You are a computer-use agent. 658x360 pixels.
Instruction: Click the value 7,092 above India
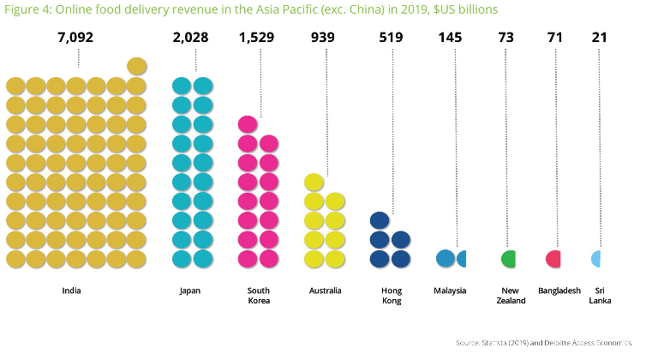pyautogui.click(x=76, y=38)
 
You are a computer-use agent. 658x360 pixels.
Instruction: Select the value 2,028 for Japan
pyautogui.click(x=190, y=38)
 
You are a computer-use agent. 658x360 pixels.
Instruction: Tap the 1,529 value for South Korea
pyautogui.click(x=258, y=38)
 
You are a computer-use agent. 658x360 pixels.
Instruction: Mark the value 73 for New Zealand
pyautogui.click(x=511, y=38)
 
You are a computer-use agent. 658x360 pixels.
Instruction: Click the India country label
pyautogui.click(x=72, y=291)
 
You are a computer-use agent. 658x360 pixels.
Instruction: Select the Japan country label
pyautogui.click(x=190, y=291)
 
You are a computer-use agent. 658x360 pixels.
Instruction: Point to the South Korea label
pyautogui.click(x=258, y=296)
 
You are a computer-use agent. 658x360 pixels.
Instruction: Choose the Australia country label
pyautogui.click(x=326, y=291)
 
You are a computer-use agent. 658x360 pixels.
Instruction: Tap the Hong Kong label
pyautogui.click(x=392, y=296)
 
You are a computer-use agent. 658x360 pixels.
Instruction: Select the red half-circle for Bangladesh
pyautogui.click(x=554, y=258)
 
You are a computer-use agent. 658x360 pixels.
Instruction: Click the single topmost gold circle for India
pyautogui.click(x=137, y=67)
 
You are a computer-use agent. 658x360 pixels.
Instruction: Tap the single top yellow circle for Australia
pyautogui.click(x=314, y=183)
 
